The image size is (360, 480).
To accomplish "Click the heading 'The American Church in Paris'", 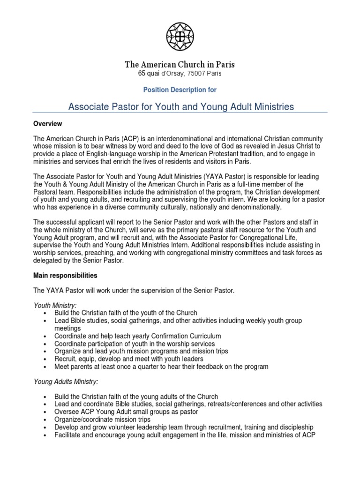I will tap(180, 65).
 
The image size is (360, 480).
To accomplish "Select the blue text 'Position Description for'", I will tap(180, 89).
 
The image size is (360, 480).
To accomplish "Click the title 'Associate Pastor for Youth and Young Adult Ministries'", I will tap(181, 107).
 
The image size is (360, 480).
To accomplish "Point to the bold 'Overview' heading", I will tap(48, 124).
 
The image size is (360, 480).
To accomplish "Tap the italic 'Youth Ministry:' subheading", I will tap(55, 305).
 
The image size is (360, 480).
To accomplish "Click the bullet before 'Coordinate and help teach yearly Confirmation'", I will tap(44, 337).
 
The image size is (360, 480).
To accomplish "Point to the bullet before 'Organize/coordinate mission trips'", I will tap(44, 420).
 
